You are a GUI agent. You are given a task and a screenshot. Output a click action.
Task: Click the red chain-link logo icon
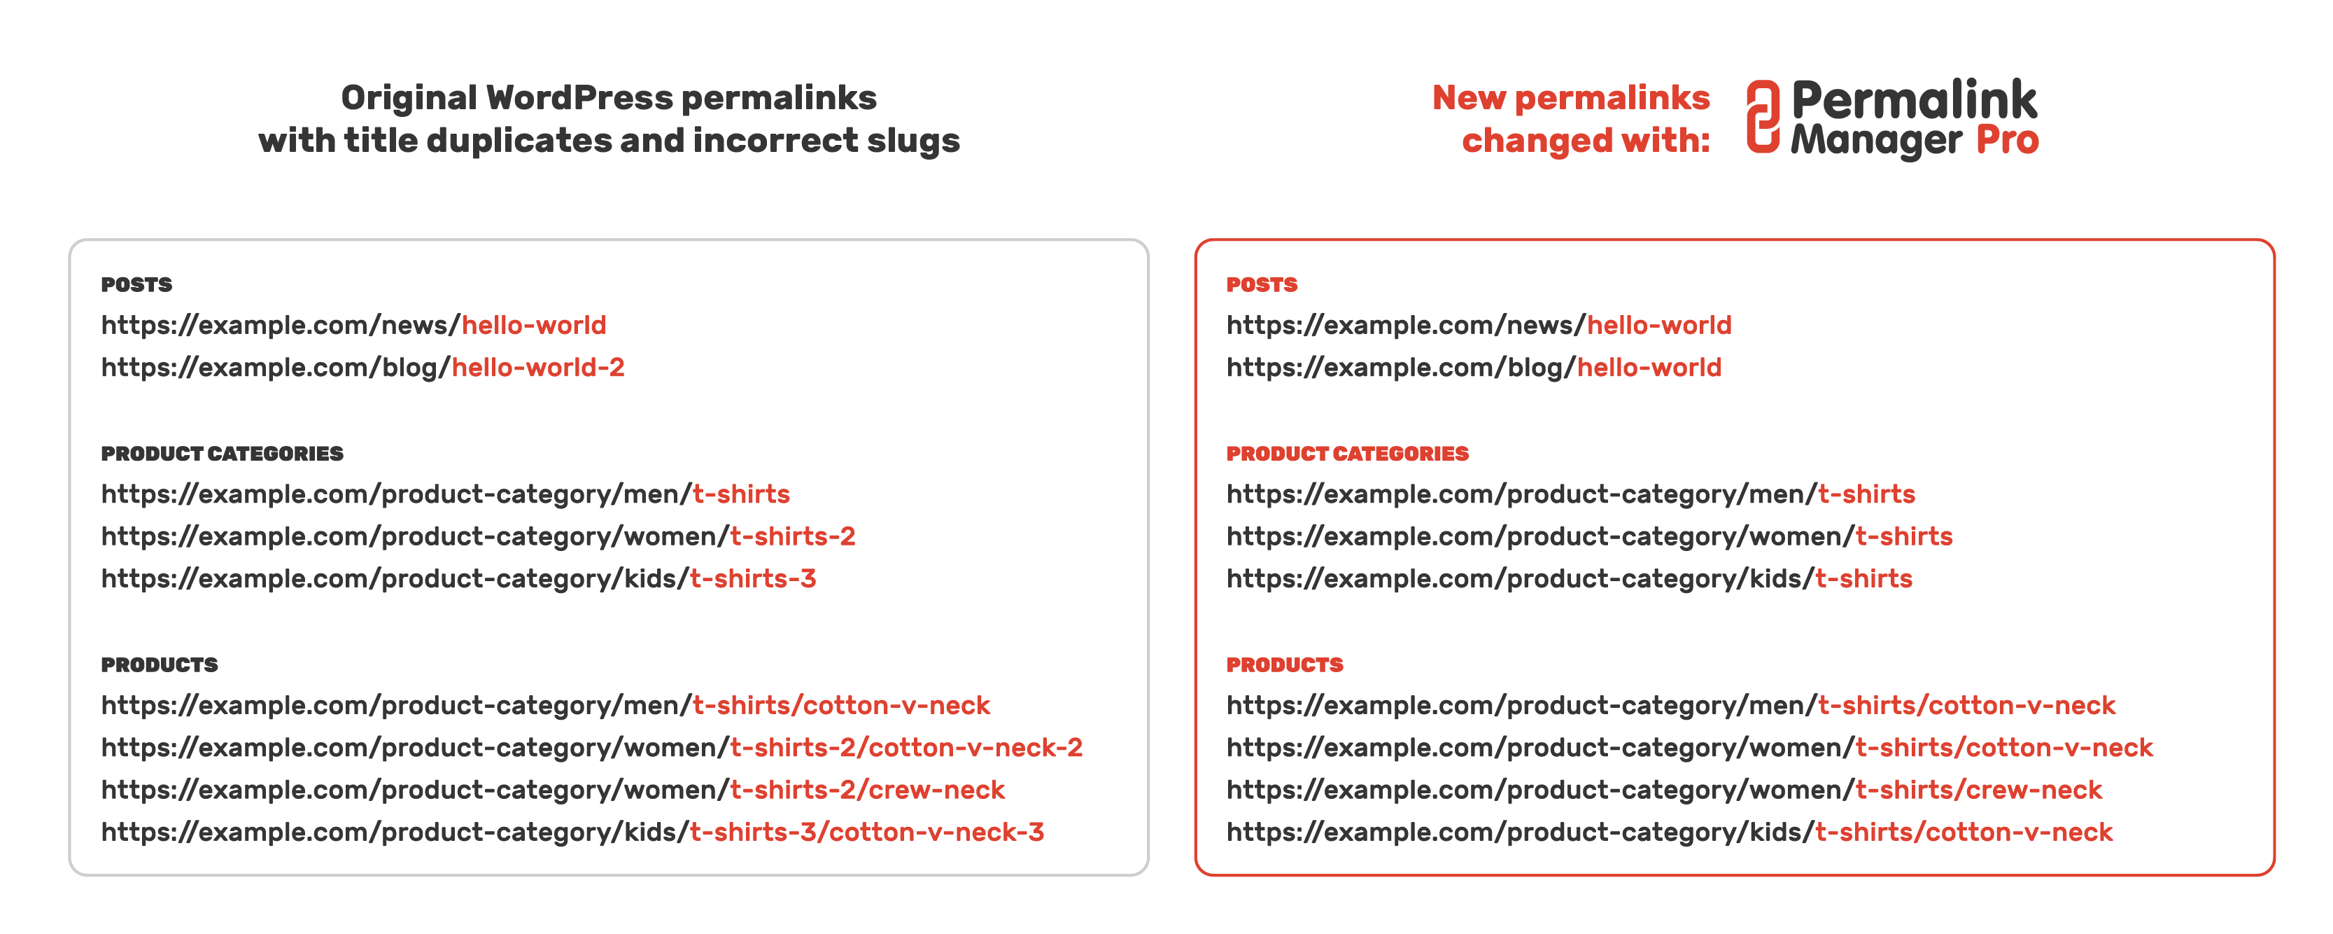coord(1763,117)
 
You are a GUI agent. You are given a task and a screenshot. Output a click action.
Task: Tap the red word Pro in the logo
coord(2007,141)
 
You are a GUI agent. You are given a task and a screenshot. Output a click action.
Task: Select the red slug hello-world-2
coord(538,368)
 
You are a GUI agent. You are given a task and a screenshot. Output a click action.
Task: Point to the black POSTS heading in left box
coord(136,284)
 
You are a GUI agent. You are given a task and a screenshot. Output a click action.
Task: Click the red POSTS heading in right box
coord(1262,284)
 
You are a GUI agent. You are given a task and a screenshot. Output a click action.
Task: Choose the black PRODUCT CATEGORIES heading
coord(222,454)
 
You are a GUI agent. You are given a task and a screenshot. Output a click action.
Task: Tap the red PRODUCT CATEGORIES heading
coord(1347,454)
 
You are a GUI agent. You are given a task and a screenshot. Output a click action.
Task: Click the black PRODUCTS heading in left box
coord(160,665)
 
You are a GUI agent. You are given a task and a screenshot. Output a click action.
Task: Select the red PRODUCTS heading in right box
coord(1284,665)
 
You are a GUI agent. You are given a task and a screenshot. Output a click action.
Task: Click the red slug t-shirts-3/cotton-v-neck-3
coord(867,832)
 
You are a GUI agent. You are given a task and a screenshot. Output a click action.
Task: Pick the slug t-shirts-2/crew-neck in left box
coord(867,790)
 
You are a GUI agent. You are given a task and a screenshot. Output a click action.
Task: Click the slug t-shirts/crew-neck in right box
coord(1978,790)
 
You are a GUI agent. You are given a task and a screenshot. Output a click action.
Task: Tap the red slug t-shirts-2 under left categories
coord(792,536)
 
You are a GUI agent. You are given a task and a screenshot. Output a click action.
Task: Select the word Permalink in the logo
coord(1914,99)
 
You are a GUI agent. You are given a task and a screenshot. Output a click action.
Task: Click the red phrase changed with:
coord(1585,141)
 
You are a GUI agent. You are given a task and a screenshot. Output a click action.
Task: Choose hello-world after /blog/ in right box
coord(1649,368)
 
